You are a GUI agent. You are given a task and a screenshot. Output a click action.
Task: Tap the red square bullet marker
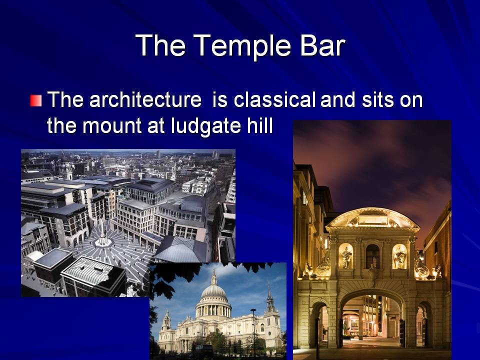(36, 100)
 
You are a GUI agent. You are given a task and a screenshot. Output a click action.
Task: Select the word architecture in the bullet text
(145, 99)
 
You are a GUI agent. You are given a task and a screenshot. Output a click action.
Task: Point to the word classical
(274, 99)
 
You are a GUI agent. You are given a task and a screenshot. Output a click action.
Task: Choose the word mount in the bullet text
(112, 126)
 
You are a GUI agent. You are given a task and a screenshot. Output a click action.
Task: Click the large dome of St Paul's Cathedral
(213, 291)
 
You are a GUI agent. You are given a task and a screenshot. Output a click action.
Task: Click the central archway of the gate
(372, 318)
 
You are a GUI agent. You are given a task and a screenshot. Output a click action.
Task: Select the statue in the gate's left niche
(346, 257)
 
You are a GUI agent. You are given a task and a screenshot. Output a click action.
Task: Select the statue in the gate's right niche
(399, 256)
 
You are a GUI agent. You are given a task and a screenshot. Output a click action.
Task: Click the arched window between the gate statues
(372, 256)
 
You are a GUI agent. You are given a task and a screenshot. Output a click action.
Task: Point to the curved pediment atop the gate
(372, 218)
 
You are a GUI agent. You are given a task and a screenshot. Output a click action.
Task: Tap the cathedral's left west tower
(166, 321)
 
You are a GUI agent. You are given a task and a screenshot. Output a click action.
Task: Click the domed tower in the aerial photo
(66, 169)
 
